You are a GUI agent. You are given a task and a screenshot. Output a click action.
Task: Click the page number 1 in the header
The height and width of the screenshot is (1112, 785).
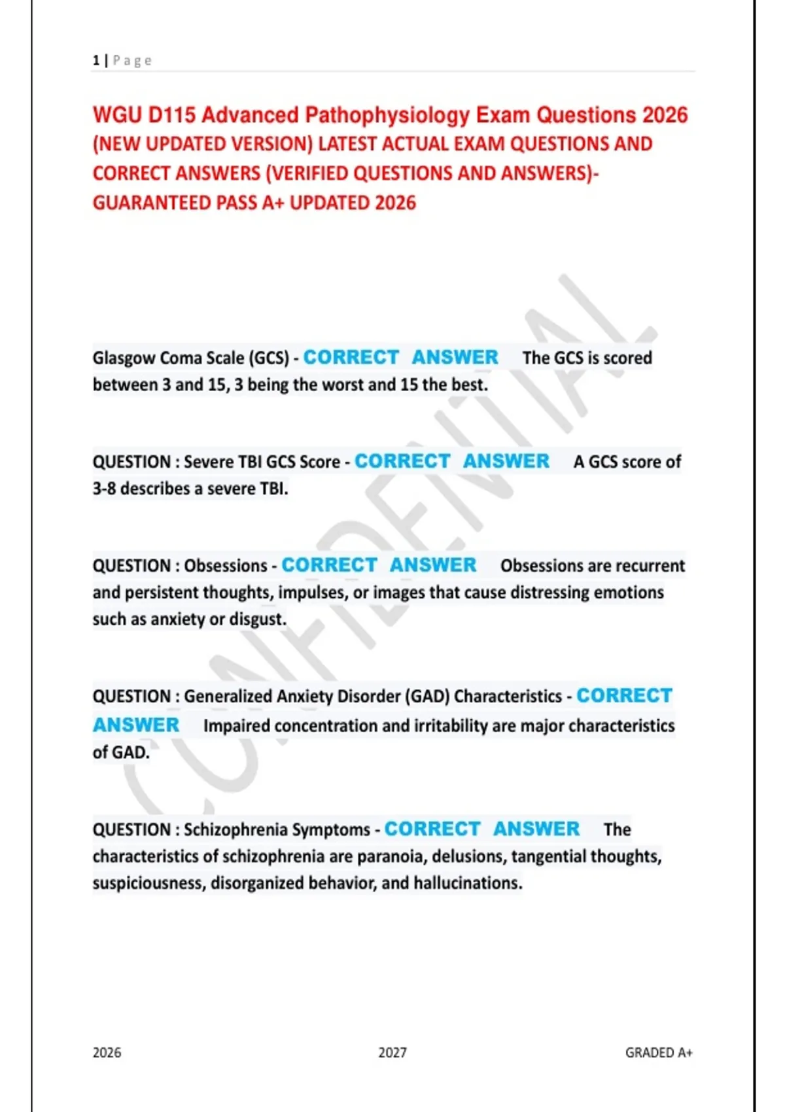click(96, 61)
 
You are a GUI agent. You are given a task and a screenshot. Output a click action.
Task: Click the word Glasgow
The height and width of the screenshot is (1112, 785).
click(124, 358)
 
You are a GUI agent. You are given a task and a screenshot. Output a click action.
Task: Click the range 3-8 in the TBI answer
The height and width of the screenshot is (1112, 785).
click(104, 489)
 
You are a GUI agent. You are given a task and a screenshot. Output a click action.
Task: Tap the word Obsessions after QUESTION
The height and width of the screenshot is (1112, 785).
click(226, 566)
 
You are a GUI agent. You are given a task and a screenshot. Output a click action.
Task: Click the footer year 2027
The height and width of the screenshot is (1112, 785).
click(392, 1052)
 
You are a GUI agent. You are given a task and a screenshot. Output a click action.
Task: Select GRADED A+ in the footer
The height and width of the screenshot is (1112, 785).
click(659, 1052)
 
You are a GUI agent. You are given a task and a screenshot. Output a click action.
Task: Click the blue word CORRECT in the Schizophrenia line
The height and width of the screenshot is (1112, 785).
click(432, 829)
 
